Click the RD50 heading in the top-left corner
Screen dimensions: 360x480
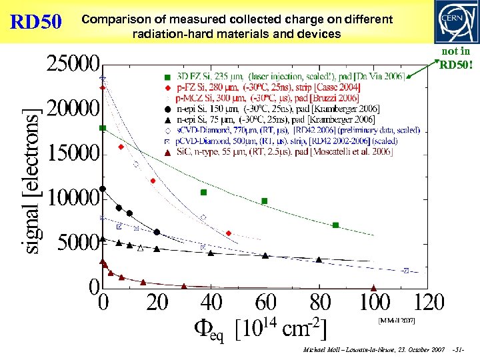click(36, 21)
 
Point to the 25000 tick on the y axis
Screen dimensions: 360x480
click(73, 65)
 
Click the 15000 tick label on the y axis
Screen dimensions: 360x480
click(73, 153)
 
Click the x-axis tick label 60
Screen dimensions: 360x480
click(265, 303)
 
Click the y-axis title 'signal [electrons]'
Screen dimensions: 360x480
click(31, 180)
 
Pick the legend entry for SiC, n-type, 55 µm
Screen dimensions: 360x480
click(284, 152)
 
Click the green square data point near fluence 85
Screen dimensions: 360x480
click(335, 225)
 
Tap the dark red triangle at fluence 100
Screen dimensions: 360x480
click(373, 287)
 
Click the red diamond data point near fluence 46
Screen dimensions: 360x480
click(228, 233)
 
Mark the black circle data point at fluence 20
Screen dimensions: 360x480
click(157, 232)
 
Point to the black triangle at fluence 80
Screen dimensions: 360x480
click(319, 259)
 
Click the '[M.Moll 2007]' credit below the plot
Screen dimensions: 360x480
click(397, 321)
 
